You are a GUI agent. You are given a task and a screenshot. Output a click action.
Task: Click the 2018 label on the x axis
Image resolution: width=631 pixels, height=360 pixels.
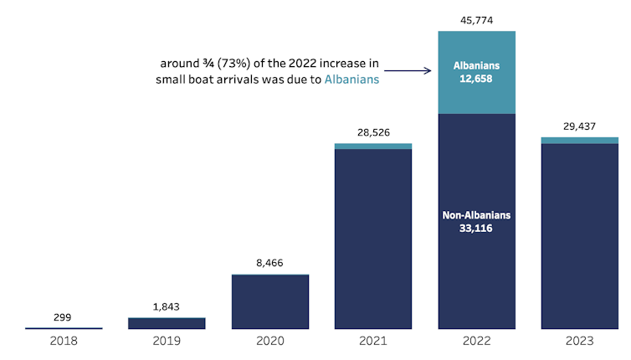(63, 341)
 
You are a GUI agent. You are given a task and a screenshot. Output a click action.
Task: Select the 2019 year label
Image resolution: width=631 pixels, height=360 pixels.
(167, 341)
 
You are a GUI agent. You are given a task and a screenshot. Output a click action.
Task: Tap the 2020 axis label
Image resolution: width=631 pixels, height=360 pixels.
(269, 341)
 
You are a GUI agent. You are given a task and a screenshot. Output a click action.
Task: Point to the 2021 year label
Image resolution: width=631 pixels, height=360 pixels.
(373, 341)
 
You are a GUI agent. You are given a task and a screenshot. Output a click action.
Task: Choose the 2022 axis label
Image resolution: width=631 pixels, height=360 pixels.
(476, 341)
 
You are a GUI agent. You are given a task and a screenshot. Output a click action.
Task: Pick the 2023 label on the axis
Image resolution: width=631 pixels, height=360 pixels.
(579, 341)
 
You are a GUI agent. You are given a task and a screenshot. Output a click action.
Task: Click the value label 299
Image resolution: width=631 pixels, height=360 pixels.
(63, 317)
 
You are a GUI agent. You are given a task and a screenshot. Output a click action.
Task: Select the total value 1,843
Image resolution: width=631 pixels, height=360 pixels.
(167, 306)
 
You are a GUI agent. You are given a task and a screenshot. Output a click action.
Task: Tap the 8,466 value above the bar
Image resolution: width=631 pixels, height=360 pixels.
(269, 263)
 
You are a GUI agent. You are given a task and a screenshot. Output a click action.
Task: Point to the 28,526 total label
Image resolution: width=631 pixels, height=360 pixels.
(373, 132)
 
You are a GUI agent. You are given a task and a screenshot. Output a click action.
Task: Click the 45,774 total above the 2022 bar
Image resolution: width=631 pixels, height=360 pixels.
(476, 19)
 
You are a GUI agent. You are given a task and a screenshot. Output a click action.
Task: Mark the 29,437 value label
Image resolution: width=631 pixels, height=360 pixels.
(579, 126)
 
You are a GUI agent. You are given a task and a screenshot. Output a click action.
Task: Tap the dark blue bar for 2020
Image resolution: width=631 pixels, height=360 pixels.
(269, 301)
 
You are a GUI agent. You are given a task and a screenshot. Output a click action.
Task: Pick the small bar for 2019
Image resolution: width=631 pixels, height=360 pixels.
(167, 323)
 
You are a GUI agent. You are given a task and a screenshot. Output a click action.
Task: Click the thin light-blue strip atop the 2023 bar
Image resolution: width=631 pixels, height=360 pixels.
(579, 141)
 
